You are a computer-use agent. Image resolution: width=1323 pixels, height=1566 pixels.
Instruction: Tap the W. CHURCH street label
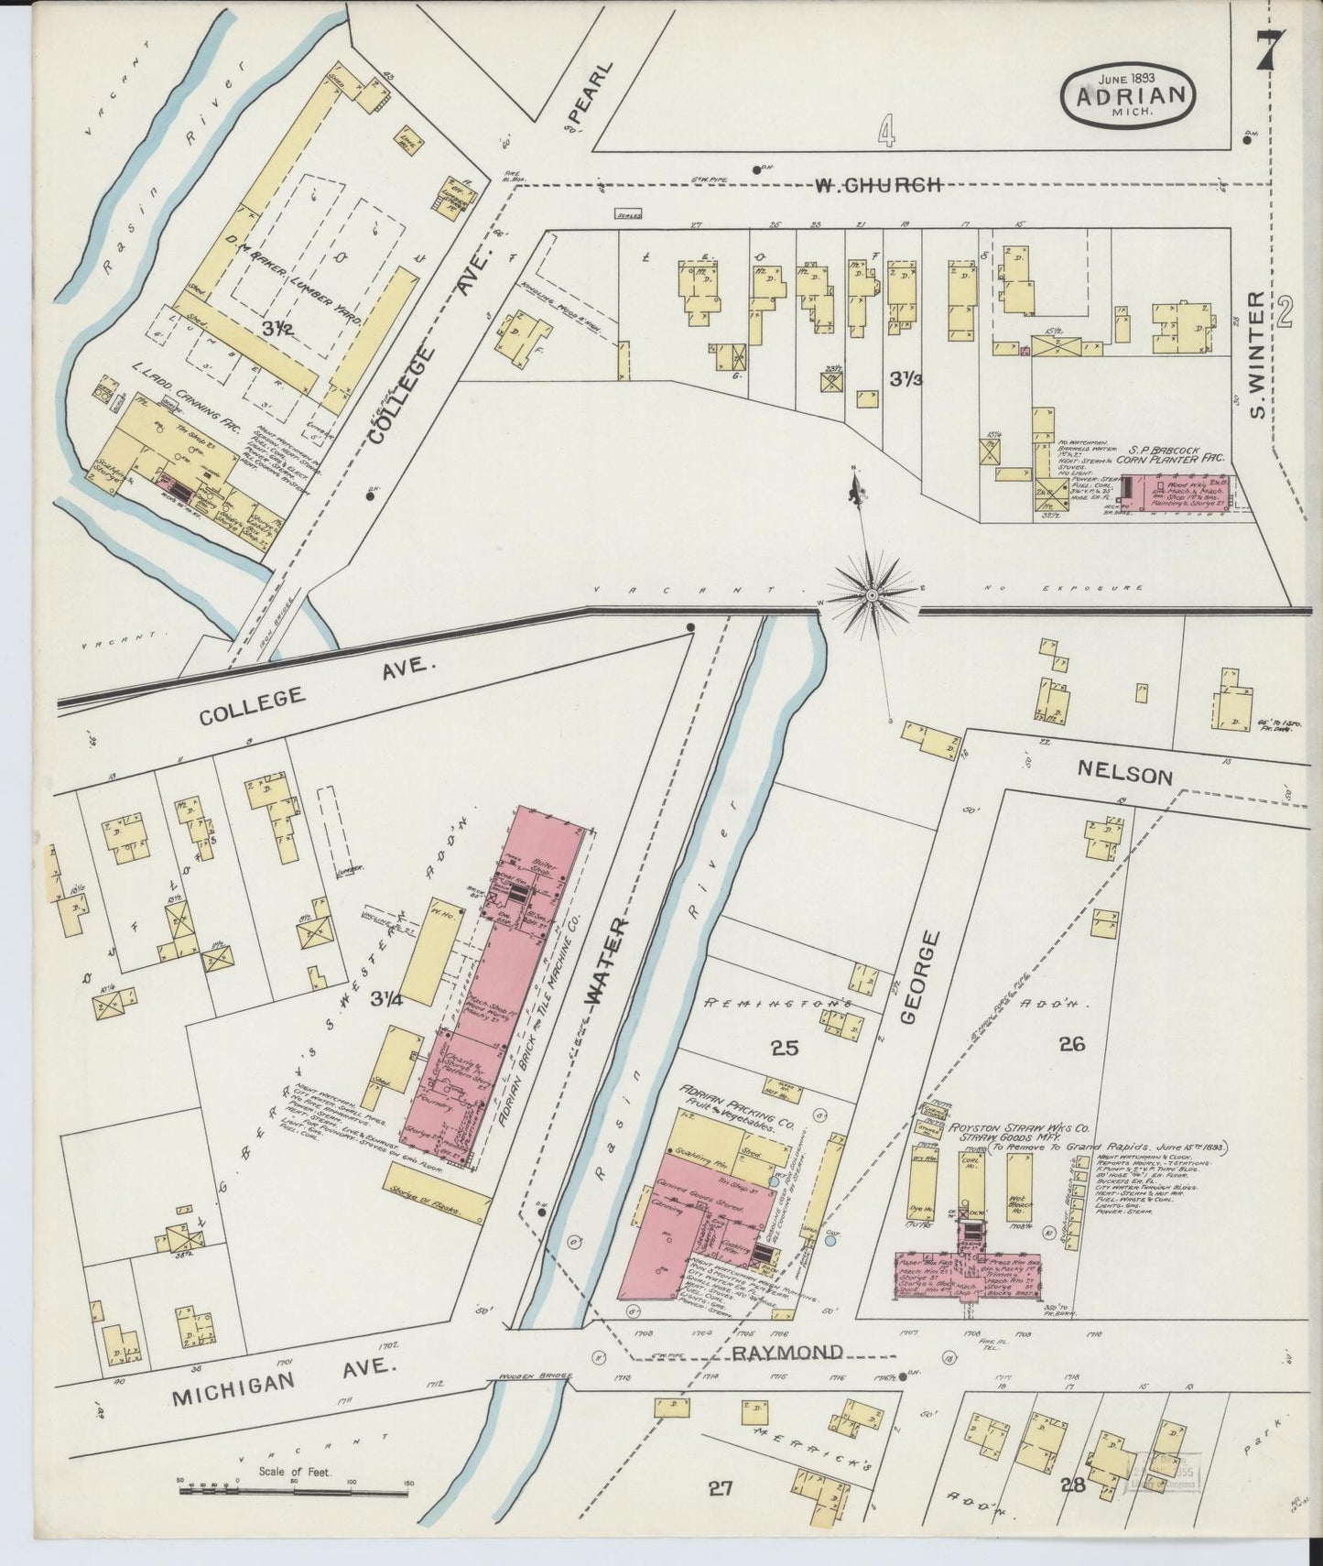878,185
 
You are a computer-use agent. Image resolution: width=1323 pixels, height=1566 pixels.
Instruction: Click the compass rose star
871,596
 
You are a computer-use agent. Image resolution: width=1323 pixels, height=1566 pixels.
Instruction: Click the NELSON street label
1124,775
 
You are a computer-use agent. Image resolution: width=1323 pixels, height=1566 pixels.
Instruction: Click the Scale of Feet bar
293,1492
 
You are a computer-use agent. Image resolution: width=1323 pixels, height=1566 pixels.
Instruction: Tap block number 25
785,1048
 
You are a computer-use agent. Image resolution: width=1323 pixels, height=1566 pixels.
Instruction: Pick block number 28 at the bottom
1071,1484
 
